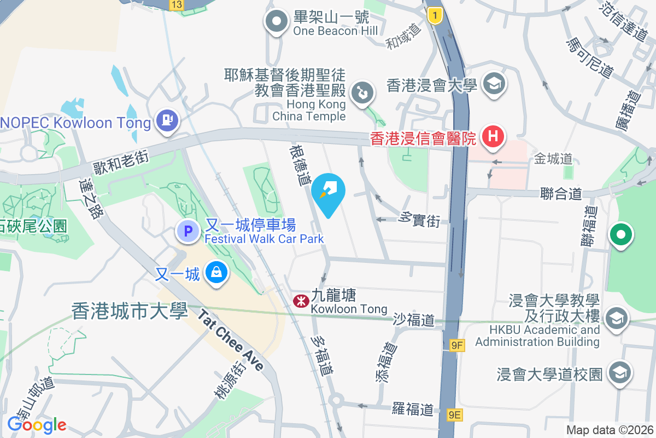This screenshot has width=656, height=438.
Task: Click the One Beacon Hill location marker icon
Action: [277, 22]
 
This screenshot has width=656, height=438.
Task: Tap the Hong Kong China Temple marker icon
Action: [361, 93]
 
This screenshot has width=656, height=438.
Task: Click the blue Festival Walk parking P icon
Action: [188, 231]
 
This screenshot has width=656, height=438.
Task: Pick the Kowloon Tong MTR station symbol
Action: [300, 301]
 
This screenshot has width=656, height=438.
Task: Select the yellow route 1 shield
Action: [435, 16]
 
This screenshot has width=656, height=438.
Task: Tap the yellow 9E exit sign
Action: [455, 415]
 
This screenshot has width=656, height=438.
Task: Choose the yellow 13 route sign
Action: [176, 5]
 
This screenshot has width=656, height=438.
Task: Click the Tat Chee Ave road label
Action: [231, 340]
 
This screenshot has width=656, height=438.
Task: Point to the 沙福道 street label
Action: [413, 320]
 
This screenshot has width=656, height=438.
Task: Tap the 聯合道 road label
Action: [560, 194]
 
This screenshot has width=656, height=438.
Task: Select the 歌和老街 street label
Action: [121, 157]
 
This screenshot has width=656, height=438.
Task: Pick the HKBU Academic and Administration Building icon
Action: [617, 318]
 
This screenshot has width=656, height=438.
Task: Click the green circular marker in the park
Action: [620, 235]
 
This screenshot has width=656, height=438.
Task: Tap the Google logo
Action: [37, 425]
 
